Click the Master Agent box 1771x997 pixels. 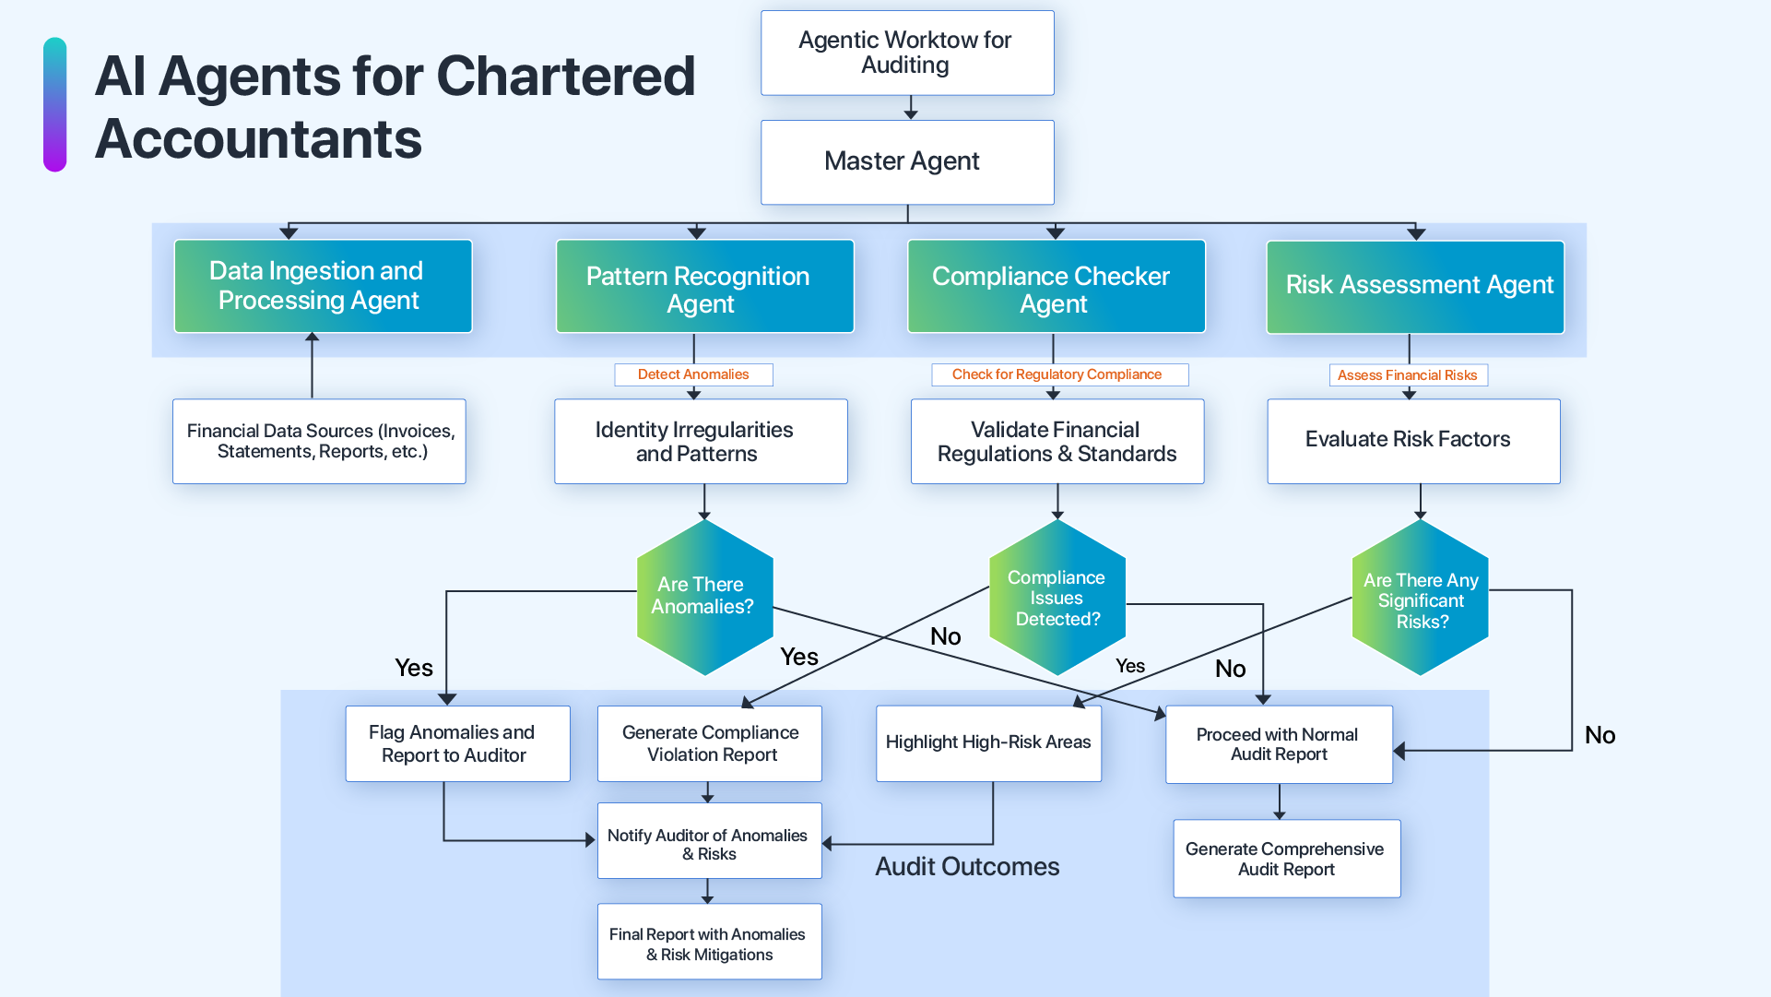click(907, 162)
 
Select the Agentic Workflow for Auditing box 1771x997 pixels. click(907, 53)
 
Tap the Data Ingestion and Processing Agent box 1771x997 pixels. click(323, 286)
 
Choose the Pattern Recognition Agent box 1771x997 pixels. click(704, 287)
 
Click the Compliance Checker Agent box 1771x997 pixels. click(1056, 287)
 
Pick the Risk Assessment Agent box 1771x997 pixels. click(1414, 287)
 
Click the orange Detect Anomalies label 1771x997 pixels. click(693, 374)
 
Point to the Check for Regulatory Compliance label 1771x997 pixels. click(1058, 374)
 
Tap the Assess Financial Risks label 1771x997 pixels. click(1408, 375)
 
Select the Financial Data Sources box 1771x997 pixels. click(319, 441)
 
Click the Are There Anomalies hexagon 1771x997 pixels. click(704, 597)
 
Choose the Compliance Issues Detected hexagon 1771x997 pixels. click(1057, 598)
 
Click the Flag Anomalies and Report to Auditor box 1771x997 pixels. click(457, 744)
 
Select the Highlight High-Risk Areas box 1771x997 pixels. click(988, 743)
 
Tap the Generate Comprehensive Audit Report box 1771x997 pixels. click(1286, 859)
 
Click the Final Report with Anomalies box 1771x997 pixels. click(709, 943)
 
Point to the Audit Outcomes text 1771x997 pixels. click(967, 867)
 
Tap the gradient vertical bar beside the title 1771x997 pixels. click(55, 104)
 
